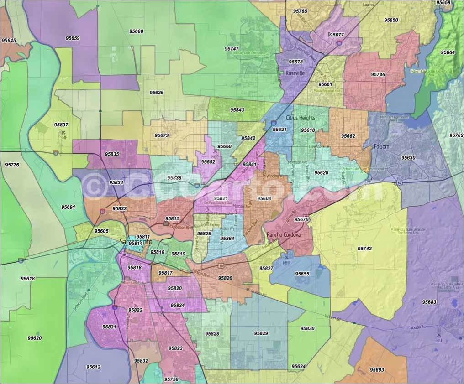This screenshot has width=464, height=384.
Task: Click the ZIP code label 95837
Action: pyautogui.click(x=61, y=125)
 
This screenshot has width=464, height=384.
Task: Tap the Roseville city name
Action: pyautogui.click(x=295, y=73)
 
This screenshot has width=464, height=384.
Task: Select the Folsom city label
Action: pyautogui.click(x=381, y=146)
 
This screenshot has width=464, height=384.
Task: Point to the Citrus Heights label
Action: pyautogui.click(x=300, y=118)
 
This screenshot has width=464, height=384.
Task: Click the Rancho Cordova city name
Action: pyautogui.click(x=283, y=234)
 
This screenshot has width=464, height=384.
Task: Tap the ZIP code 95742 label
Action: pyautogui.click(x=364, y=249)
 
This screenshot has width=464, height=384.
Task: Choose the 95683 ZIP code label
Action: pyautogui.click(x=429, y=302)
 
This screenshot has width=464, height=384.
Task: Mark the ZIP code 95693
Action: pyautogui.click(x=377, y=369)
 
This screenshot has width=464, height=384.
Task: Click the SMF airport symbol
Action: pyautogui.click(x=63, y=133)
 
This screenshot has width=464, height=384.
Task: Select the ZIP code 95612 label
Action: pyautogui.click(x=93, y=367)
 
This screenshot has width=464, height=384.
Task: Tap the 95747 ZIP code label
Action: pyautogui.click(x=232, y=48)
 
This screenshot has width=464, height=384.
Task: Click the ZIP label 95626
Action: pyautogui.click(x=156, y=92)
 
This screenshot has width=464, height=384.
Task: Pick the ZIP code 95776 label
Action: pyautogui.click(x=12, y=164)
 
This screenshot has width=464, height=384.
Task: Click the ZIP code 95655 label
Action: pyautogui.click(x=302, y=274)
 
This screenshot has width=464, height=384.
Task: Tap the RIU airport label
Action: pyautogui.click(x=439, y=340)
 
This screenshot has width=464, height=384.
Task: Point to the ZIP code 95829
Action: pyautogui.click(x=261, y=333)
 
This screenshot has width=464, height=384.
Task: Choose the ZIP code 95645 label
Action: pyautogui.click(x=9, y=41)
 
